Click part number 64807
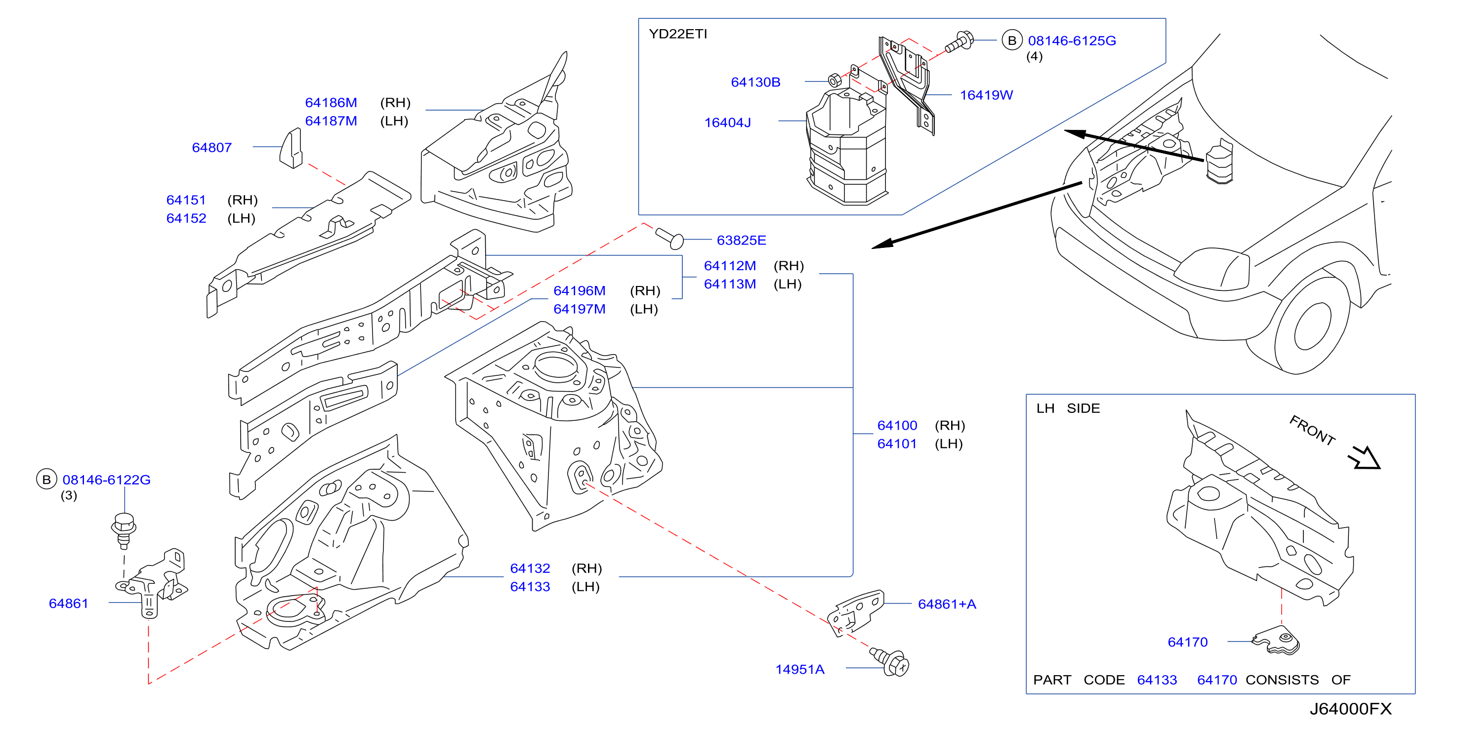[x=211, y=148]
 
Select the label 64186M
[x=331, y=103]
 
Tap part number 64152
[x=186, y=218]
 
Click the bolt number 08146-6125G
[x=1072, y=41]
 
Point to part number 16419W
[x=986, y=95]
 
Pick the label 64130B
[x=755, y=82]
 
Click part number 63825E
[x=741, y=241]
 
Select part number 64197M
[x=580, y=309]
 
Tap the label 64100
[x=897, y=425]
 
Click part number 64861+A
[x=947, y=604]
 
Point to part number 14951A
[x=799, y=669]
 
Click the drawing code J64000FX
[x=1350, y=709]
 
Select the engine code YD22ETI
[x=678, y=34]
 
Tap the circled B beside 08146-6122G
[x=46, y=480]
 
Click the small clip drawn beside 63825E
[x=669, y=238]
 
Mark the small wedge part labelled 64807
[x=291, y=148]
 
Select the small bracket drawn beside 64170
[x=1275, y=641]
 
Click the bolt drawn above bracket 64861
[x=123, y=531]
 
